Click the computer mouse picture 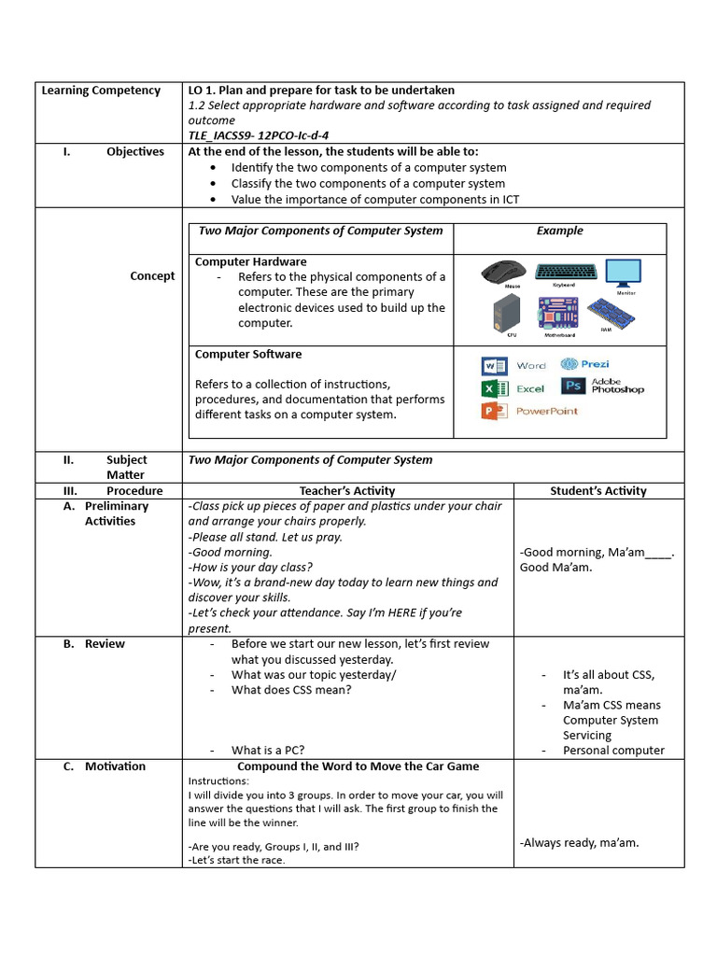(504, 271)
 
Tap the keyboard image (565, 271)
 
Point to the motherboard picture (559, 314)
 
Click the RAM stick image (613, 313)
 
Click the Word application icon (494, 365)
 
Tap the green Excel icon (494, 388)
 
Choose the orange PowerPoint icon (494, 411)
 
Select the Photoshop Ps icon (573, 386)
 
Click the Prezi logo (584, 364)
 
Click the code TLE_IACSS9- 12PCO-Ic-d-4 (258, 135)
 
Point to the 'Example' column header (559, 231)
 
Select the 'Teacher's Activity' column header (347, 490)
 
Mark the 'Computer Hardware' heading (250, 261)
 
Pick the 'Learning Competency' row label (101, 91)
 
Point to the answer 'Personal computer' (613, 751)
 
